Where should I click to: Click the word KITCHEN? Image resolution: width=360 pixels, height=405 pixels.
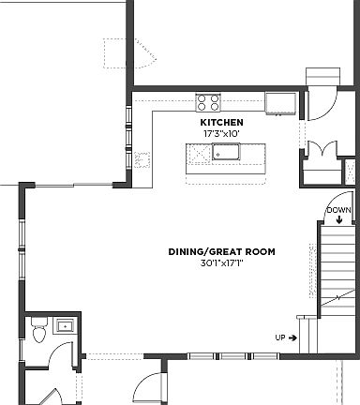(x=222, y=123)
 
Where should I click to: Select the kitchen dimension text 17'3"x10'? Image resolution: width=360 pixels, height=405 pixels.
(x=222, y=134)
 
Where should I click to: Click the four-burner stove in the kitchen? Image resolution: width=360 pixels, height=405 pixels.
(x=208, y=101)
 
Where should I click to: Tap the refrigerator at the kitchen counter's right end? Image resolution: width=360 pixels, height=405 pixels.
(x=280, y=102)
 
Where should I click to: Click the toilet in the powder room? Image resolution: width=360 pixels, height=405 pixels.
(x=38, y=331)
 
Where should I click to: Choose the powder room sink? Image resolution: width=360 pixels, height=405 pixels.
(x=65, y=326)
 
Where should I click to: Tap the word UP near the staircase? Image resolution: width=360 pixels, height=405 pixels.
(x=279, y=337)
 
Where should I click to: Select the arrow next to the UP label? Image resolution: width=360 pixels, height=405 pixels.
(x=293, y=337)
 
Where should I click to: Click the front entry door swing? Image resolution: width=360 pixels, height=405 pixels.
(x=144, y=385)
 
